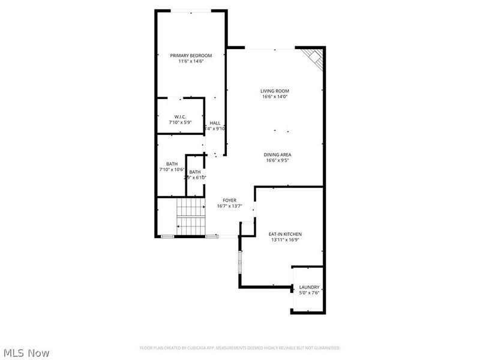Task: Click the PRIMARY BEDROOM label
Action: [x=191, y=55]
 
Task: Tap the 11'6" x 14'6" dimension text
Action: [x=191, y=61]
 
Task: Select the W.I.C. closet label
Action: [x=180, y=116]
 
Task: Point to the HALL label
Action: [x=215, y=123]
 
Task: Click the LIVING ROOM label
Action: [x=275, y=91]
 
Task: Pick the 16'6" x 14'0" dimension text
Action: [x=275, y=97]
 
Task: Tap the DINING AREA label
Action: [x=277, y=155]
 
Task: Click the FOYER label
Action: [x=229, y=200]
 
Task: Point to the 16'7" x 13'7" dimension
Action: [x=229, y=206]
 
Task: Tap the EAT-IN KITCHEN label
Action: [x=284, y=234]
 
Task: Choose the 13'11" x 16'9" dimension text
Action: [x=284, y=240]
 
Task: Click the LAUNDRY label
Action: [x=309, y=287]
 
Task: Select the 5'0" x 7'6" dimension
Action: [x=309, y=293]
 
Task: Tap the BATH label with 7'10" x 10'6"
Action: [x=172, y=164]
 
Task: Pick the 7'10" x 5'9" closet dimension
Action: [x=180, y=122]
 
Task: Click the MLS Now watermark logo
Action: [x=26, y=353]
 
